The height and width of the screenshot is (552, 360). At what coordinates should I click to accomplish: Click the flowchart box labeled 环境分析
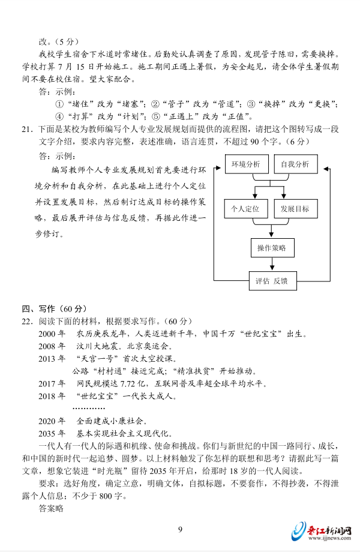pos(245,164)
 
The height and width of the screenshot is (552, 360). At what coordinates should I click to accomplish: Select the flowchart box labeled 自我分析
pos(294,164)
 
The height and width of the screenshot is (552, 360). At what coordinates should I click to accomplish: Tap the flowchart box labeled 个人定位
pos(245,209)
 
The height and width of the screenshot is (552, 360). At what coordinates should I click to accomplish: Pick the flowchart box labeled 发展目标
pos(294,209)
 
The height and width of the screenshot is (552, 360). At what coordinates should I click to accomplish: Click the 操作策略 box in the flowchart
pos(271,248)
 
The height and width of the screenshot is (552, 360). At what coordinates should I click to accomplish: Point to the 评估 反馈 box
pos(271,280)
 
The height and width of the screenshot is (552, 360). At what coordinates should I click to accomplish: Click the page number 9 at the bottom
pos(180,529)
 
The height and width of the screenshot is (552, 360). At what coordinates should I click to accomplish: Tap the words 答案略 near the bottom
pos(50,509)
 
